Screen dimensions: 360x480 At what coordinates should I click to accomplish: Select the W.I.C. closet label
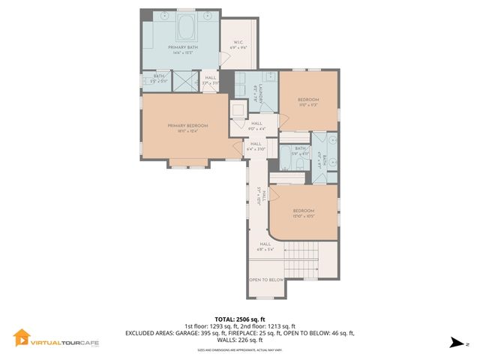(x=238, y=45)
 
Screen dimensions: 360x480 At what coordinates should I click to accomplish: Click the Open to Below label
(x=265, y=279)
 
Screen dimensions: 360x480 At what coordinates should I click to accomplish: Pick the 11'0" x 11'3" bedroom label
(x=308, y=103)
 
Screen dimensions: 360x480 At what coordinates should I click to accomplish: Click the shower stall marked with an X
(x=184, y=79)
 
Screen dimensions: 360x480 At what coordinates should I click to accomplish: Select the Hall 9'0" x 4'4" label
(x=256, y=126)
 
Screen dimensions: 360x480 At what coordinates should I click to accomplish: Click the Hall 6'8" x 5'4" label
(x=265, y=246)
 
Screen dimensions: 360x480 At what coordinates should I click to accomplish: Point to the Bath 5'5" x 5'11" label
(x=159, y=78)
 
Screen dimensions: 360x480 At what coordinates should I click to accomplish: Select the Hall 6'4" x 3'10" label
(x=256, y=146)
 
